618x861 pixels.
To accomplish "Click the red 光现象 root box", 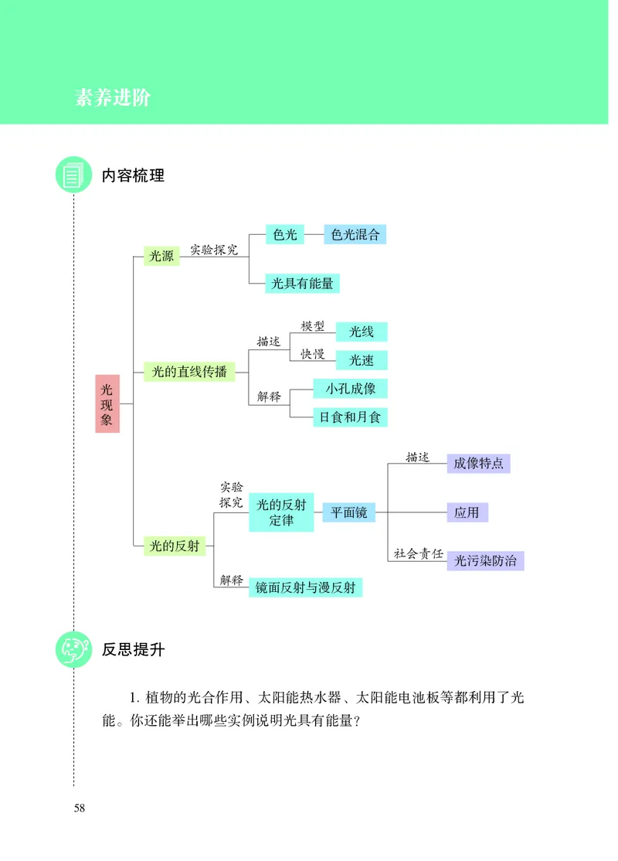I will pyautogui.click(x=107, y=403).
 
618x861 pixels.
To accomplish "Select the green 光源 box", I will pyautogui.click(x=161, y=256).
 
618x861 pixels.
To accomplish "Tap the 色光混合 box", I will pyautogui.click(x=355, y=235).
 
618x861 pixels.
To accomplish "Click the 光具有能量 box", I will pyautogui.click(x=302, y=284).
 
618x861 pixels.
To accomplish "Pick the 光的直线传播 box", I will pyautogui.click(x=189, y=372).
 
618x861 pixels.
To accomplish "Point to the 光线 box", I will pyautogui.click(x=361, y=332).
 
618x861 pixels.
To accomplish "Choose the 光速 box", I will pyautogui.click(x=361, y=360).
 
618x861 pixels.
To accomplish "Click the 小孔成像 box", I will pyautogui.click(x=350, y=389).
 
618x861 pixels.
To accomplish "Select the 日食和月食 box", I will pyautogui.click(x=349, y=417).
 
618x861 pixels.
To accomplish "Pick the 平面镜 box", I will pyautogui.click(x=348, y=512).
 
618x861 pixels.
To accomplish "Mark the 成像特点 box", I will pyautogui.click(x=478, y=464).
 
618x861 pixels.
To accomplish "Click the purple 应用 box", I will pyautogui.click(x=467, y=512).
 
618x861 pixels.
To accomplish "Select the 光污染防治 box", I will pyautogui.click(x=485, y=560).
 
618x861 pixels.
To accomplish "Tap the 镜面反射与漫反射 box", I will pyautogui.click(x=305, y=587).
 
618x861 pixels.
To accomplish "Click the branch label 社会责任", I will pyautogui.click(x=418, y=553).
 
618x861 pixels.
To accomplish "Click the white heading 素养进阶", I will pyautogui.click(x=113, y=98).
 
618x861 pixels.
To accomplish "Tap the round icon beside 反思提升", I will pyautogui.click(x=73, y=649).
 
